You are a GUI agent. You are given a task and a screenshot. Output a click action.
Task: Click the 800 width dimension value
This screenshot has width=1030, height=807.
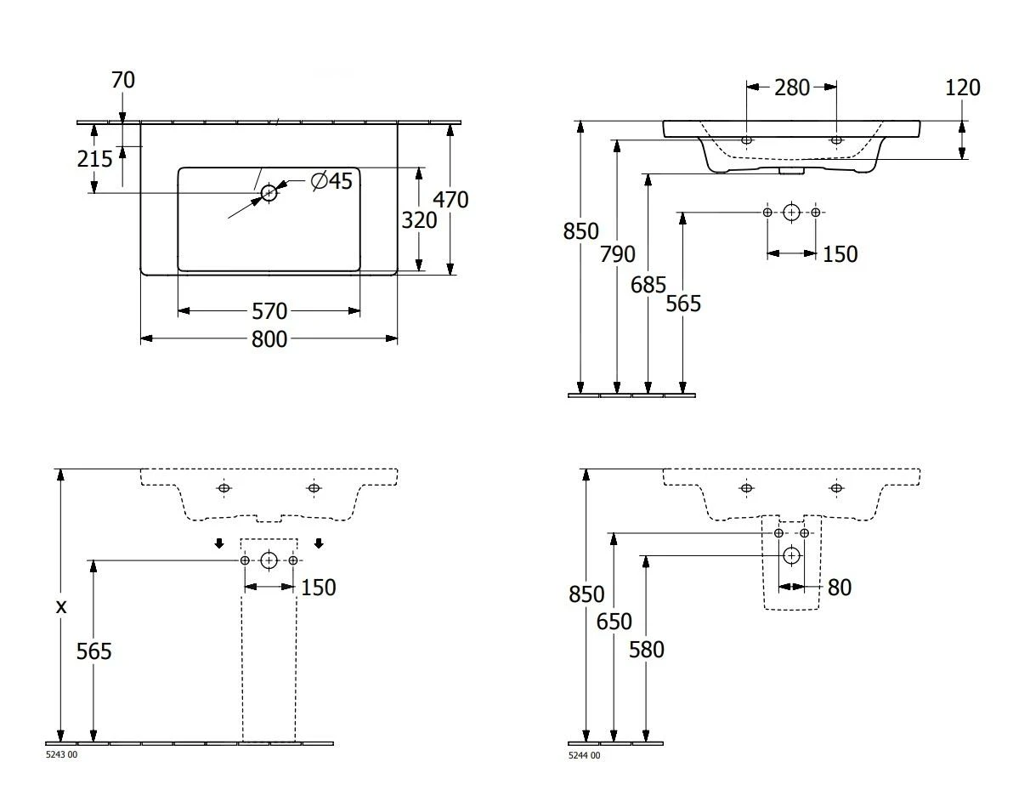pyautogui.click(x=269, y=339)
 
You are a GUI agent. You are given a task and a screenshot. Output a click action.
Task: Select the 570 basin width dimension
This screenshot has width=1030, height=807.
pyautogui.click(x=269, y=311)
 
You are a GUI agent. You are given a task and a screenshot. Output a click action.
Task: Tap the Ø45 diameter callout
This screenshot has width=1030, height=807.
pyautogui.click(x=331, y=180)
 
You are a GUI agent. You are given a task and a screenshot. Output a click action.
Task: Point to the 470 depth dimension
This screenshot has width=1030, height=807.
pyautogui.click(x=450, y=200)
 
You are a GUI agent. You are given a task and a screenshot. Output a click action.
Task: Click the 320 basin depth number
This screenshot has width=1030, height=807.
pyautogui.click(x=419, y=220)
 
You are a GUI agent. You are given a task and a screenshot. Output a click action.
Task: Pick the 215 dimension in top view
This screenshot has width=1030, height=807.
pyautogui.click(x=94, y=158)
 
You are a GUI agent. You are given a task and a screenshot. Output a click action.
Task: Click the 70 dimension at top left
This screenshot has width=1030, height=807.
pyautogui.click(x=123, y=80)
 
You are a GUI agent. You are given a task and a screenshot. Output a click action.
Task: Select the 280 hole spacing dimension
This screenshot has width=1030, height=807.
pyautogui.click(x=792, y=87)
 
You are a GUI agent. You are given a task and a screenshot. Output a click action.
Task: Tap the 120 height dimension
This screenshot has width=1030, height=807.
pyautogui.click(x=962, y=88)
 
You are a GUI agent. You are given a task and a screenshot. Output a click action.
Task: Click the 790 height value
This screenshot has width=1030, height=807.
pyautogui.click(x=617, y=253)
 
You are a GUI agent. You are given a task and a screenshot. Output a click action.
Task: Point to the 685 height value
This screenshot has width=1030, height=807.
pyautogui.click(x=648, y=285)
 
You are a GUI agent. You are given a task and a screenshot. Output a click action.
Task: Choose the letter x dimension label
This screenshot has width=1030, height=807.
pyautogui.click(x=60, y=607)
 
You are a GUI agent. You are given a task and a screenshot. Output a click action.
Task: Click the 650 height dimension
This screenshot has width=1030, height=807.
pyautogui.click(x=614, y=622)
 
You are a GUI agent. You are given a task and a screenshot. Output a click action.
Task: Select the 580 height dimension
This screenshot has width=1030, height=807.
pyautogui.click(x=647, y=650)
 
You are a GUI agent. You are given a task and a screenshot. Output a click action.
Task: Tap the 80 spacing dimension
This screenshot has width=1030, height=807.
pyautogui.click(x=839, y=588)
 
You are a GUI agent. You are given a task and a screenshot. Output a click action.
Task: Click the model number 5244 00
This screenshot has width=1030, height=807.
pyautogui.click(x=584, y=755)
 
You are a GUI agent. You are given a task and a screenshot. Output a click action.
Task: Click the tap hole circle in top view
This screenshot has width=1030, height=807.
pyautogui.click(x=269, y=193)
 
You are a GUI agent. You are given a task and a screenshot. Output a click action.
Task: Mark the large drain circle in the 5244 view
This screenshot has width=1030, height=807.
pyautogui.click(x=792, y=556)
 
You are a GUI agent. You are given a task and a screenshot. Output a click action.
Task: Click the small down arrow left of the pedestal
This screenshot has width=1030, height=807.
pyautogui.click(x=219, y=544)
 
